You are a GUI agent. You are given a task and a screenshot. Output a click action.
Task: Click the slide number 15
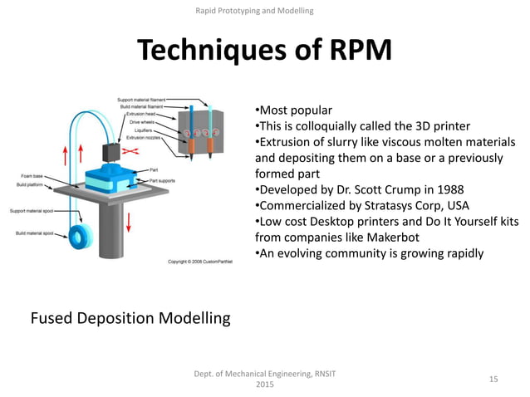(493, 379)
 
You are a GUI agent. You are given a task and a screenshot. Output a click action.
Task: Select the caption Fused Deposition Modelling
(130, 317)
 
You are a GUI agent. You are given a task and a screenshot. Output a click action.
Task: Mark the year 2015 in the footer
(264, 385)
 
